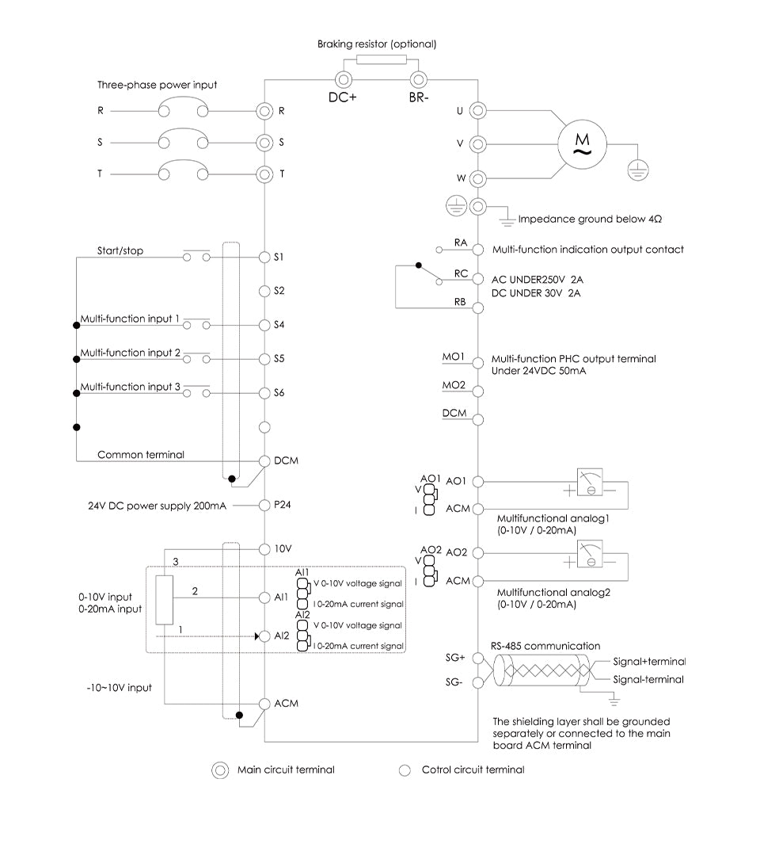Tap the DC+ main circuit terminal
(343, 79)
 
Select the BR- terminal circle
(416, 79)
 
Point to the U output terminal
(477, 112)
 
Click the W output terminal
(477, 177)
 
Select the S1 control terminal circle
(264, 257)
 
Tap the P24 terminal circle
(264, 504)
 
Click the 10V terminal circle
(264, 548)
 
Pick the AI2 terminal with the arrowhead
(264, 636)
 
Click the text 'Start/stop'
(120, 250)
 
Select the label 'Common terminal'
(141, 455)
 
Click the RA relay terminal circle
(477, 248)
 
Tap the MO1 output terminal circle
(477, 362)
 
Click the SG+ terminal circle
(477, 658)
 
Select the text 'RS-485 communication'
(545, 646)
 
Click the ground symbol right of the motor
(637, 166)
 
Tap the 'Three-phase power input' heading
(157, 85)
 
